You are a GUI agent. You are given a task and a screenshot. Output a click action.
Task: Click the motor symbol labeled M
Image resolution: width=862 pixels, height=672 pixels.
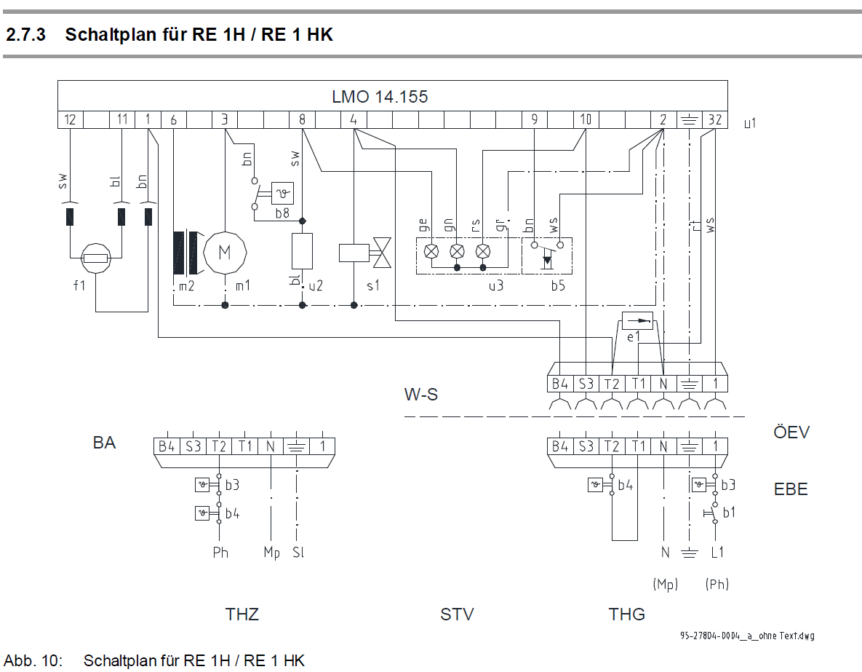tap(225, 253)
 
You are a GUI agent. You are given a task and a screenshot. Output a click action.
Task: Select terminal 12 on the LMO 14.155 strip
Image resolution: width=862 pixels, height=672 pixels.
tap(71, 120)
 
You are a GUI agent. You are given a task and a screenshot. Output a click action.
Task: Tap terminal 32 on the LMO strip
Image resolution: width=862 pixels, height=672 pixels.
tap(715, 120)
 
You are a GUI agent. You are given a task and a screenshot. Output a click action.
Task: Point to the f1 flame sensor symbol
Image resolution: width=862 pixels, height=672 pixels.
tap(96, 258)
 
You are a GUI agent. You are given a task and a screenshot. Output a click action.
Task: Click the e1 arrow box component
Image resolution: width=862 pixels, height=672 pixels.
tap(637, 320)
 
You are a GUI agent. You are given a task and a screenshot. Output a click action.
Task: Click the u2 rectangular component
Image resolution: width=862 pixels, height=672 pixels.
tap(302, 252)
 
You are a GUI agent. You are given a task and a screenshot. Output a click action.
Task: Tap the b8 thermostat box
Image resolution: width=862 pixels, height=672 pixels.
tap(282, 193)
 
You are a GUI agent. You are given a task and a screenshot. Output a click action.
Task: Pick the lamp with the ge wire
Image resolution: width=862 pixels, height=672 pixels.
tap(432, 251)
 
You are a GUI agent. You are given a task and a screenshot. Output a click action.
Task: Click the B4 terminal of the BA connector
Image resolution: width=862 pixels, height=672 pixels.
tap(167, 446)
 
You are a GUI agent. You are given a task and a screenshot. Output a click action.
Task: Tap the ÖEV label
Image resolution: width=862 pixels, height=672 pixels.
tap(791, 432)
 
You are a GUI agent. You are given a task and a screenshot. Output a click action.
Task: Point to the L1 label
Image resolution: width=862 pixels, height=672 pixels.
tap(717, 553)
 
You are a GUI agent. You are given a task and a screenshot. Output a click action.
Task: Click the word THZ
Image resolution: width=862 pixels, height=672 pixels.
tap(242, 614)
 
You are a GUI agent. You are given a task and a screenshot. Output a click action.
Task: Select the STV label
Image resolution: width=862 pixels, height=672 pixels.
tap(457, 614)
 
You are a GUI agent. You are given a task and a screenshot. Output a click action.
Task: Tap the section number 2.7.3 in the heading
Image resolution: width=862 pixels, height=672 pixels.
tap(26, 34)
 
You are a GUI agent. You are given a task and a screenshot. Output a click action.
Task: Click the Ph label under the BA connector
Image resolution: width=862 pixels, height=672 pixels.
tap(220, 553)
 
